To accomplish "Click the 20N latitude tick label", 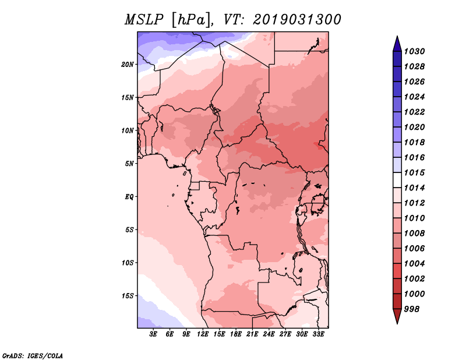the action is [x=128, y=65].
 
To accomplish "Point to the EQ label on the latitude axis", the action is [x=129, y=197].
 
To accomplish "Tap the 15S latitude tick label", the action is [x=128, y=296].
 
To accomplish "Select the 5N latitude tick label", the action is [x=129, y=164].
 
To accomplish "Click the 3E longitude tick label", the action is [x=153, y=334].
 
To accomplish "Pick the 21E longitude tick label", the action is [x=252, y=334].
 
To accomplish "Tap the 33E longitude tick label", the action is [x=318, y=334].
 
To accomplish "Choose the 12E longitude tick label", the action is [x=203, y=334].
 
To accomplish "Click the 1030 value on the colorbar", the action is [x=415, y=51].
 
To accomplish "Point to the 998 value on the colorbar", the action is [x=412, y=309].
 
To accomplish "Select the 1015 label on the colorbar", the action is [x=415, y=172].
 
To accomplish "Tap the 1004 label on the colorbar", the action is [x=415, y=264].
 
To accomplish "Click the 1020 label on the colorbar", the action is [x=415, y=127].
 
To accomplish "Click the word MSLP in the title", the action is [x=144, y=20].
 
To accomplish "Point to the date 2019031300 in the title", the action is [x=297, y=20].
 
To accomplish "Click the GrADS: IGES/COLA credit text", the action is [x=33, y=356].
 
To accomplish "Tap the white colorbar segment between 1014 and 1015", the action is [x=397, y=180].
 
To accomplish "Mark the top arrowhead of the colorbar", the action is [x=397, y=44].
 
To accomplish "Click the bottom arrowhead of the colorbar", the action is [x=397, y=316].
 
